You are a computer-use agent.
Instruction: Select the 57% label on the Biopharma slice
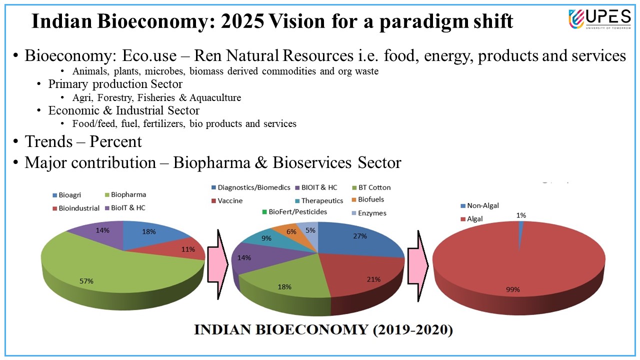(x=86, y=281)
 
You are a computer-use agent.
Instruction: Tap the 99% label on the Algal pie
(x=513, y=289)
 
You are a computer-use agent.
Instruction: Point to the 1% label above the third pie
(x=521, y=215)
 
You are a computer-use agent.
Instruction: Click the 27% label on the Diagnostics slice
(x=360, y=235)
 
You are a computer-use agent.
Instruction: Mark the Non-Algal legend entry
(x=479, y=205)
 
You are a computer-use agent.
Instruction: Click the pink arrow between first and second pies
(x=217, y=263)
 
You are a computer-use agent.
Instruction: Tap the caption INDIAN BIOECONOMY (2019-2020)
(x=323, y=330)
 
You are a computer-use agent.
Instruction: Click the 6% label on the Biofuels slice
(x=291, y=231)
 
